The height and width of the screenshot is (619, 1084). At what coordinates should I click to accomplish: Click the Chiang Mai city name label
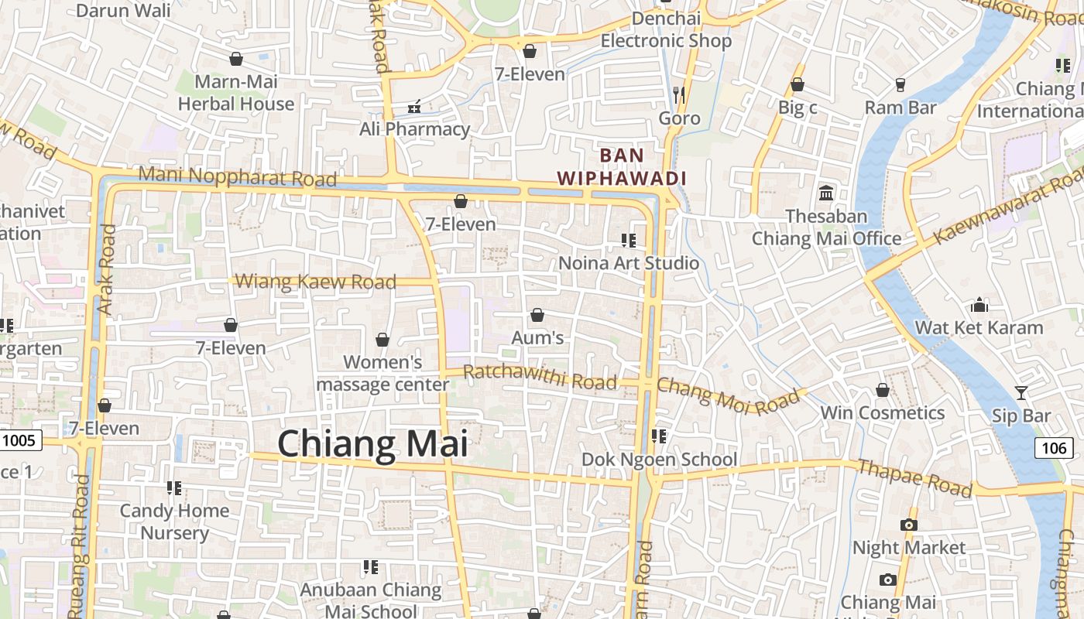click(x=372, y=444)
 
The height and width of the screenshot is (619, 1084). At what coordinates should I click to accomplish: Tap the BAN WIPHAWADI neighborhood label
click(x=622, y=166)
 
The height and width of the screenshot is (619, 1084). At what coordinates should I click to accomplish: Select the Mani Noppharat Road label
click(x=238, y=176)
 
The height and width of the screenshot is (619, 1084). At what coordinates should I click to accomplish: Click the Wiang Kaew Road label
click(x=316, y=282)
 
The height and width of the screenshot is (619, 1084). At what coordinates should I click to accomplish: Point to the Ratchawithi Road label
click(x=540, y=378)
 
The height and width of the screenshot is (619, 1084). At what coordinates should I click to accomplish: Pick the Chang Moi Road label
click(x=728, y=395)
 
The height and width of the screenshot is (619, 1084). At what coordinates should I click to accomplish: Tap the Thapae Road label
click(x=914, y=477)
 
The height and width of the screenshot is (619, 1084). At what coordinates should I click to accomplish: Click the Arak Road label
click(x=107, y=269)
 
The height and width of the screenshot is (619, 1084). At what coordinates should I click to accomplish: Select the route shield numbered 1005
click(x=19, y=441)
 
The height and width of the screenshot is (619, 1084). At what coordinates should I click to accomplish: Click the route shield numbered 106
click(x=1054, y=447)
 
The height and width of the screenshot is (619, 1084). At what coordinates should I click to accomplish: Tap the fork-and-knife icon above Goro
click(x=679, y=95)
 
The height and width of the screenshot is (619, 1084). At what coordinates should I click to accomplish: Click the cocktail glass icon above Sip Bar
click(x=1021, y=393)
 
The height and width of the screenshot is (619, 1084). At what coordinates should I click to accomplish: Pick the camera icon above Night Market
click(x=909, y=525)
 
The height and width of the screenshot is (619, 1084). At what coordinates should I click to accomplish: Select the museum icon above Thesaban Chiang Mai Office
click(x=826, y=193)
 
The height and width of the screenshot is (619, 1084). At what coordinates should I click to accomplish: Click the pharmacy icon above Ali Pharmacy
click(x=415, y=106)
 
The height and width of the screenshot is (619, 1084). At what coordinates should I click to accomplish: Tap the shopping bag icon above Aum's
click(x=537, y=315)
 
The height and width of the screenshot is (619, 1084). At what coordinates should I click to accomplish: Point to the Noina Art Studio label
click(x=629, y=263)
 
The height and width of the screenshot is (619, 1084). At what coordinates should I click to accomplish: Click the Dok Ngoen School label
click(x=659, y=460)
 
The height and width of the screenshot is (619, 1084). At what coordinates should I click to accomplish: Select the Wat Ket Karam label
click(x=979, y=327)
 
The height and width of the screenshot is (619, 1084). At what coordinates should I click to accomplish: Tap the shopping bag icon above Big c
click(x=798, y=84)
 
